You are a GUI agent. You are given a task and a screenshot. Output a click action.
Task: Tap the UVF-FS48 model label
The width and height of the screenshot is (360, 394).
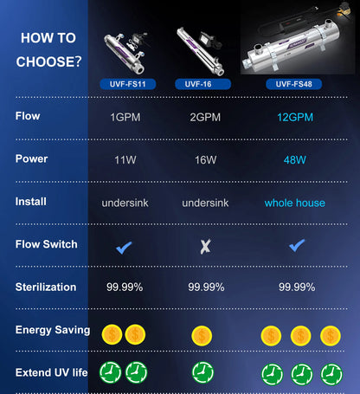(294, 84)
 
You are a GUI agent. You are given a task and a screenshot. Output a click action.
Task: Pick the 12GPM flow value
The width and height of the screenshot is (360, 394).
(294, 117)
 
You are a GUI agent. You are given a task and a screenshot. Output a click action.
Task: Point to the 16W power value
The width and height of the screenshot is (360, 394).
(205, 160)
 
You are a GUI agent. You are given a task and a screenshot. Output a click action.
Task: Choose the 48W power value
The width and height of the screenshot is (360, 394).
(294, 160)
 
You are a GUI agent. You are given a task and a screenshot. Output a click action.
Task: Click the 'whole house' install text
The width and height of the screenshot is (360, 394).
(294, 203)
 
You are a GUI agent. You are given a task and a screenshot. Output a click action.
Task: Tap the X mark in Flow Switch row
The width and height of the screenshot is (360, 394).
(205, 246)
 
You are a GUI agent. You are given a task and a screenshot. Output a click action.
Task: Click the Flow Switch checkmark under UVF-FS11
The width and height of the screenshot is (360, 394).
(125, 246)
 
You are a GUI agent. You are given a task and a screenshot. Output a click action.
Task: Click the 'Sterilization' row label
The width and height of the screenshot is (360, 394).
(46, 287)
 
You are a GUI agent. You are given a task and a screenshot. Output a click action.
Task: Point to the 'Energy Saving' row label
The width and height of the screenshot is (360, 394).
(53, 330)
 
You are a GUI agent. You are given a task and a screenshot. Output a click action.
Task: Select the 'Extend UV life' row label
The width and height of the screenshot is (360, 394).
(52, 372)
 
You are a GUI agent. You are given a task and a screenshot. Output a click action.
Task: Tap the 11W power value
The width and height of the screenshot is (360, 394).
(125, 160)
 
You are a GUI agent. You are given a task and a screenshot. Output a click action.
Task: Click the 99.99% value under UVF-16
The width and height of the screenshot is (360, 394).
(206, 287)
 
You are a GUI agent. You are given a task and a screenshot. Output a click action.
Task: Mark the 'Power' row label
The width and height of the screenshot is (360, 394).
(32, 159)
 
